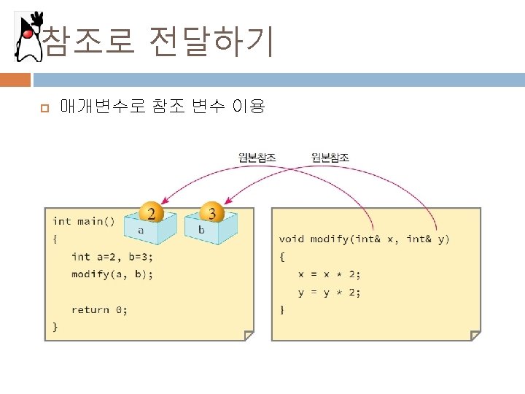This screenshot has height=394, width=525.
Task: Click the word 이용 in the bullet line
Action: click(x=247, y=107)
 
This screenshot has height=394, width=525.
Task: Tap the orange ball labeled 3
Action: click(x=212, y=213)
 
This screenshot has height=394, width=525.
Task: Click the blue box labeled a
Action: click(x=149, y=228)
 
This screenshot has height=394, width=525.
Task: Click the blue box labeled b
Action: click(x=211, y=228)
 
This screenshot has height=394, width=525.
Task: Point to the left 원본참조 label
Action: click(x=257, y=157)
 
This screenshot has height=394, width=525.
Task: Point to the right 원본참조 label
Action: click(x=330, y=157)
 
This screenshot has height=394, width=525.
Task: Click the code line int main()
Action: click(x=84, y=221)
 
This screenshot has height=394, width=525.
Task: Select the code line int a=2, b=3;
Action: click(x=112, y=257)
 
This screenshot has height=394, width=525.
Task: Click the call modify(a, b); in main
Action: click(x=112, y=274)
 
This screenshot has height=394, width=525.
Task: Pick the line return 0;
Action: click(x=99, y=310)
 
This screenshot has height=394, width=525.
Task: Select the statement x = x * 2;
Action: click(x=329, y=274)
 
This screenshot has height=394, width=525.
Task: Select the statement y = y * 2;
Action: click(x=329, y=292)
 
